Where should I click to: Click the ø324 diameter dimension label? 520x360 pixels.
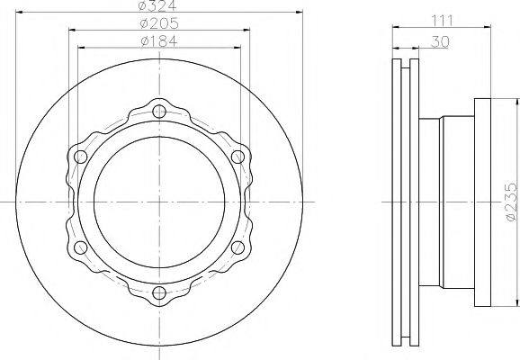pyautogui.click(x=157, y=8)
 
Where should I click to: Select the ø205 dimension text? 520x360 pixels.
pyautogui.click(x=157, y=24)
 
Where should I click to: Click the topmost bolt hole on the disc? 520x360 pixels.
pyautogui.click(x=158, y=112)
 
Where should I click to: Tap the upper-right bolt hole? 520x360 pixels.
pyautogui.click(x=238, y=157)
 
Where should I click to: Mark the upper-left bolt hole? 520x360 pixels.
pyautogui.click(x=80, y=157)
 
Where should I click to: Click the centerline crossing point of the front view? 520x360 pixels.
pyautogui.click(x=158, y=202)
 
